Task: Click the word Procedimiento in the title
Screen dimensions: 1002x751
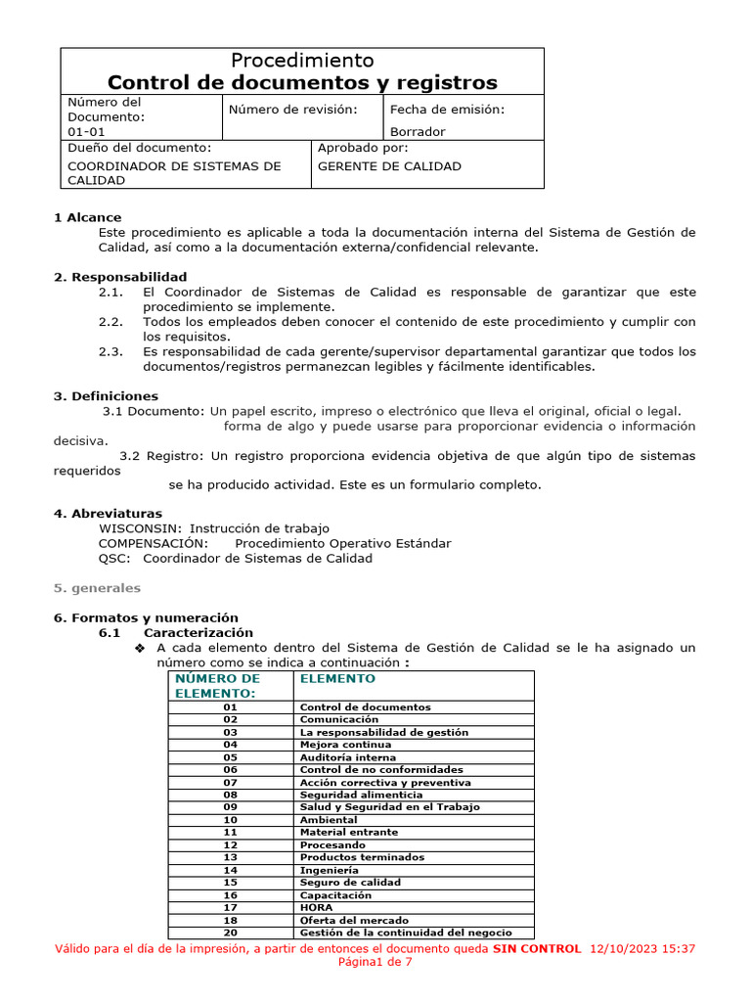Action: (x=301, y=61)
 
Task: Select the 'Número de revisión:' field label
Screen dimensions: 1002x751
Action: (x=292, y=109)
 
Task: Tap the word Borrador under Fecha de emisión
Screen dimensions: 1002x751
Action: (x=418, y=131)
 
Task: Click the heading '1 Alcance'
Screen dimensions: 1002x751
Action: (x=88, y=217)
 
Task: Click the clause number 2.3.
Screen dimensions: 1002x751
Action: (x=111, y=351)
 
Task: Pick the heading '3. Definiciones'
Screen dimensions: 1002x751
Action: (x=106, y=396)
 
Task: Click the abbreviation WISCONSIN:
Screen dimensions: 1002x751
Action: (x=140, y=528)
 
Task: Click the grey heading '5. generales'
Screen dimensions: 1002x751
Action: (x=97, y=588)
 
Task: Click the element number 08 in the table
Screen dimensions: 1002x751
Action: (x=231, y=795)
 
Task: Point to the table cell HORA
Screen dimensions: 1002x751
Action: (x=316, y=907)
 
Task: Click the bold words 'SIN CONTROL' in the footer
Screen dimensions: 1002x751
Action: (x=536, y=949)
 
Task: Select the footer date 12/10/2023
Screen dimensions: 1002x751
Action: (x=625, y=949)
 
